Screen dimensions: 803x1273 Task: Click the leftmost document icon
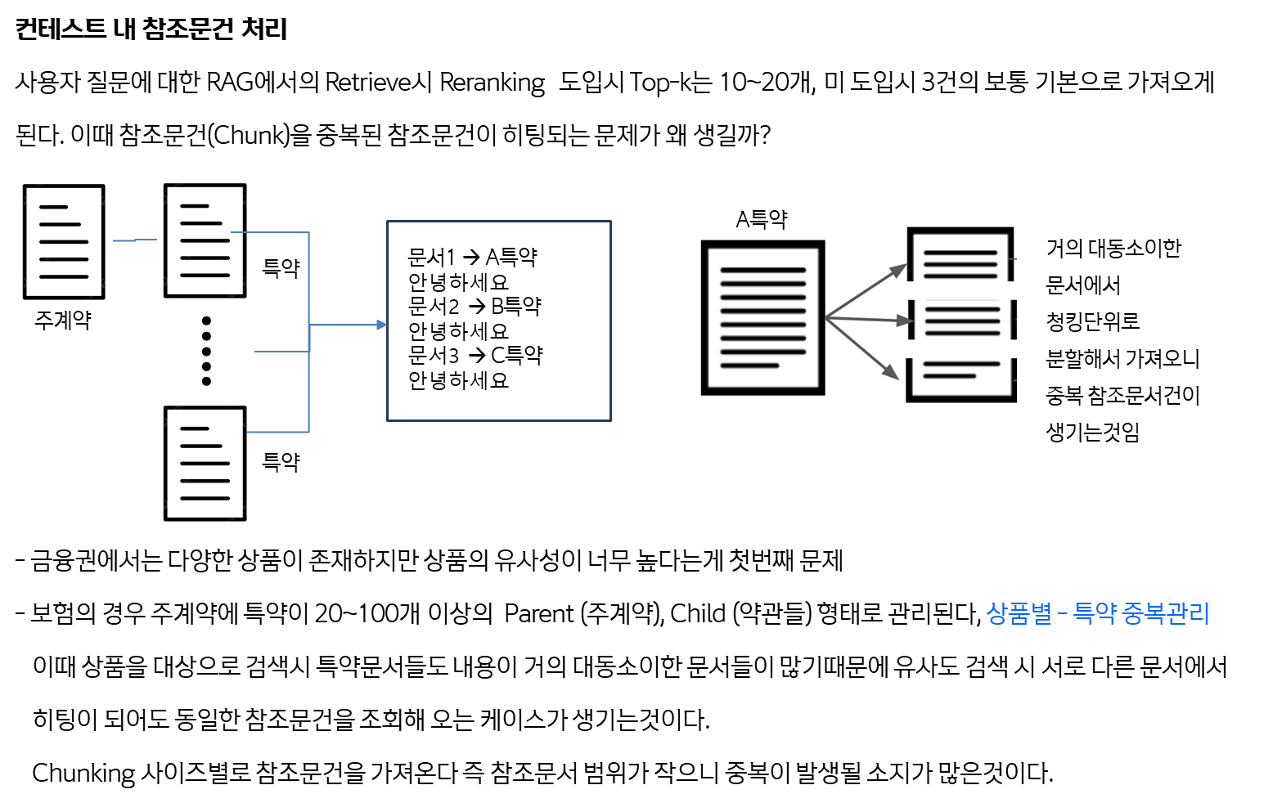tap(65, 240)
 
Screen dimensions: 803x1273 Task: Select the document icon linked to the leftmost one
tap(205, 240)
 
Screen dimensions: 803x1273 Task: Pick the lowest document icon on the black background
tap(205, 462)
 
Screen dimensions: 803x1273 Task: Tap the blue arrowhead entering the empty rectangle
tap(382, 325)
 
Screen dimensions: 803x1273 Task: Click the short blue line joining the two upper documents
tap(135, 240)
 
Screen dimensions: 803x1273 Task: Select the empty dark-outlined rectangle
tap(499, 321)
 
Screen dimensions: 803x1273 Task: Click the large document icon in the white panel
tap(762, 317)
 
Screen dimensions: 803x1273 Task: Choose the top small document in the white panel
tap(960, 256)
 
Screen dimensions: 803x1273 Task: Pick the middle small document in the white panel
tap(962, 320)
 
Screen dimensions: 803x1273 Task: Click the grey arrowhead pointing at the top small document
tap(900, 269)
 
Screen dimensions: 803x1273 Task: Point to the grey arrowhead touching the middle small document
tap(905, 321)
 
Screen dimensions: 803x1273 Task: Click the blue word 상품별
tap(1019, 613)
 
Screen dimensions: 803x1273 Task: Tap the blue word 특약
tap(1094, 613)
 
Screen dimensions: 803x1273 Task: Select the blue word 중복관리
tap(1165, 613)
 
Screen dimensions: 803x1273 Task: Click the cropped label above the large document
tap(761, 222)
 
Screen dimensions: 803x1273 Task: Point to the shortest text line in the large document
tap(749, 366)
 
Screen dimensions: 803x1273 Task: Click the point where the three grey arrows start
tap(825, 318)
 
